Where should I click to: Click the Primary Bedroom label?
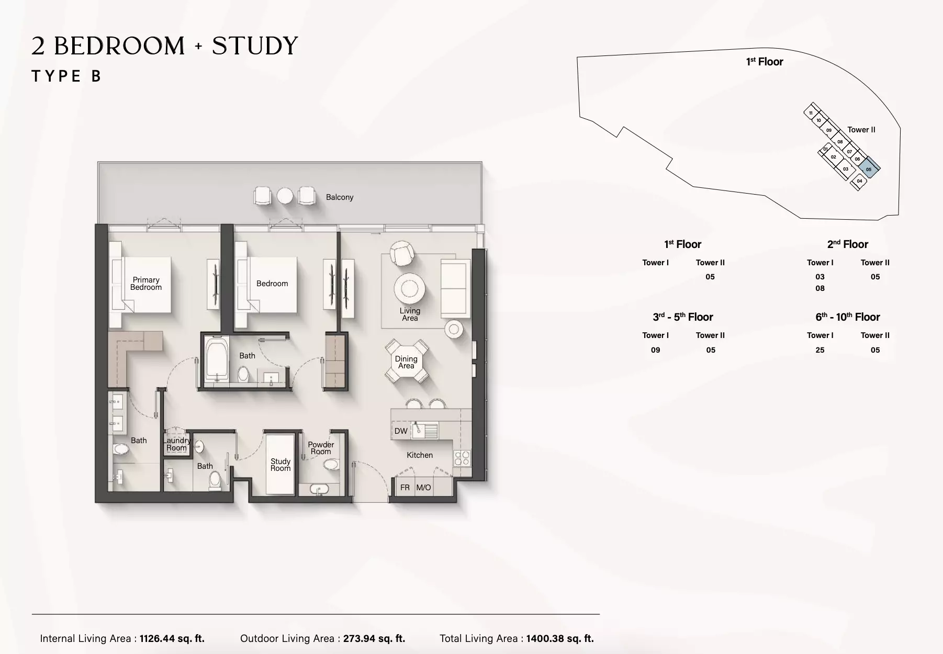pos(146,284)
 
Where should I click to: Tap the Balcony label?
pos(340,197)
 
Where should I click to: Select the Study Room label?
pos(280,465)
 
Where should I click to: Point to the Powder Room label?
pos(321,448)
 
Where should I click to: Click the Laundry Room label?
pos(177,444)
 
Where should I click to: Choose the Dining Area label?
pos(406,362)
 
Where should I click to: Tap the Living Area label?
pos(410,314)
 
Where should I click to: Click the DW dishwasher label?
pos(401,431)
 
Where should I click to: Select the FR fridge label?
pos(405,488)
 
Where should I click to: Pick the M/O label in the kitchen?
pos(423,488)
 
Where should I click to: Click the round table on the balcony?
pos(285,196)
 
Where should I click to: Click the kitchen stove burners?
pos(462,458)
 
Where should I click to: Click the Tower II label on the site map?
pos(861,130)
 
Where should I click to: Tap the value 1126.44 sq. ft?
pos(172,638)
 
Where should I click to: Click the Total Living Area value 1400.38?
pos(560,638)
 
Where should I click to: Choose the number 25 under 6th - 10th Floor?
pos(820,350)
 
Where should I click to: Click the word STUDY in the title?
pos(255,46)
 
